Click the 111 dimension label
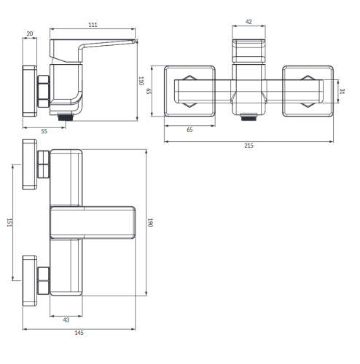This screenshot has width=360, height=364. [x=93, y=25]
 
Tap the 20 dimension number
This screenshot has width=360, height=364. [x=30, y=33]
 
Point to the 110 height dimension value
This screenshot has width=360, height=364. [x=141, y=81]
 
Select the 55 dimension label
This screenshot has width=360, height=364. [x=44, y=131]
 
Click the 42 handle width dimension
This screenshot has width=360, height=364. [x=249, y=22]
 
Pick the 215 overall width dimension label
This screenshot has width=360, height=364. [x=249, y=146]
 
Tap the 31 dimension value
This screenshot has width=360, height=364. [x=342, y=91]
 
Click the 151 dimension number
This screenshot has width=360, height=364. [x=9, y=223]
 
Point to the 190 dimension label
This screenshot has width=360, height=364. [x=150, y=223]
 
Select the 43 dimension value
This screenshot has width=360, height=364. [x=66, y=320]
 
